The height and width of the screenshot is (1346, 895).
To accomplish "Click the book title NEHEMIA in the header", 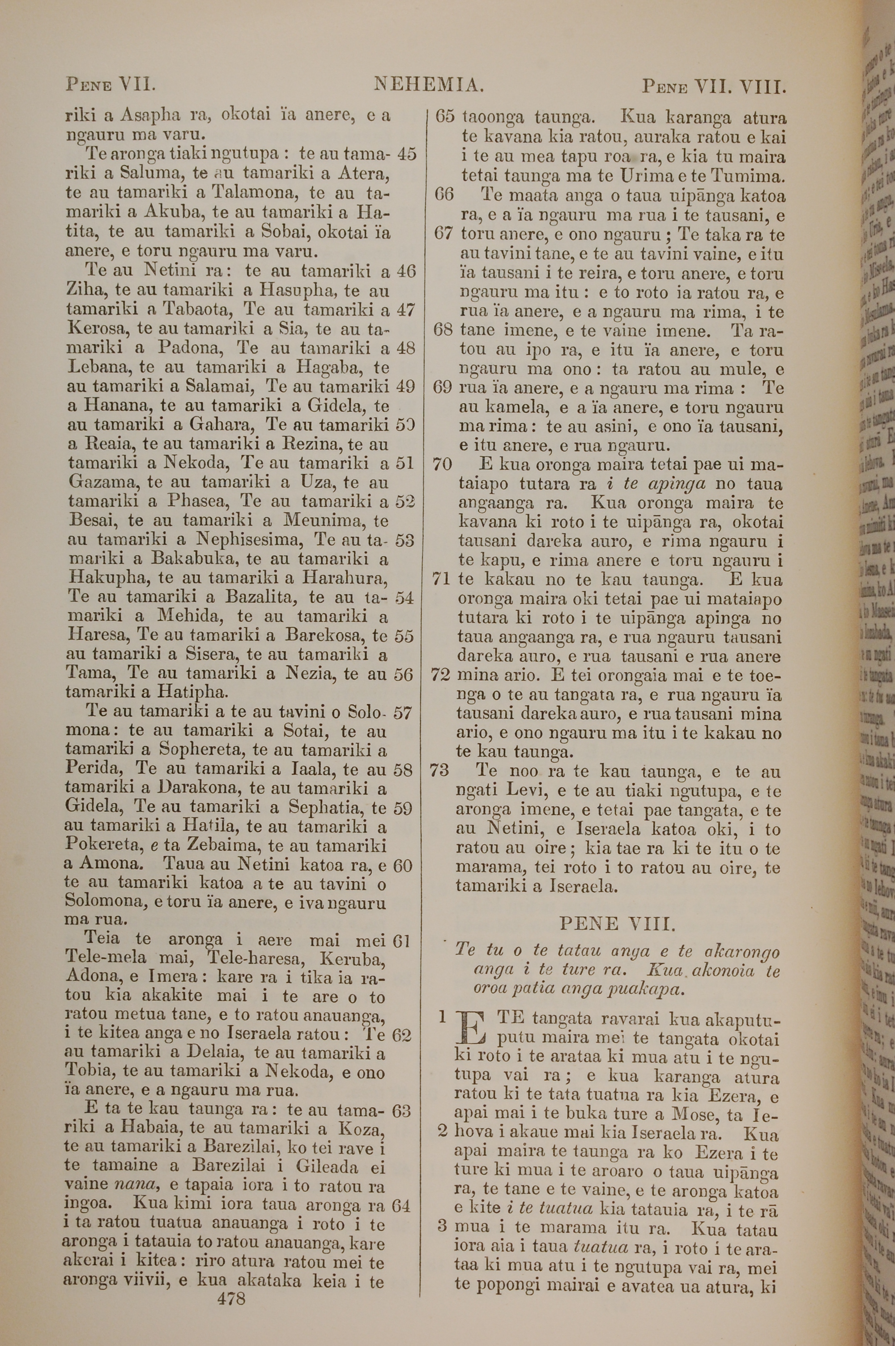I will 429,85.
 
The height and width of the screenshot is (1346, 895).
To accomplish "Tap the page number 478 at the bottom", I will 231,1283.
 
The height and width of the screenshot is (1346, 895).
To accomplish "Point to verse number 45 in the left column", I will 406,154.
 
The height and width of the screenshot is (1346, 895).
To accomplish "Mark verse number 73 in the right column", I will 439,771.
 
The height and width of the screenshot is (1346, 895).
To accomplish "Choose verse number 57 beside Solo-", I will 403,713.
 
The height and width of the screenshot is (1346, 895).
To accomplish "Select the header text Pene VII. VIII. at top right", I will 714,87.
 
